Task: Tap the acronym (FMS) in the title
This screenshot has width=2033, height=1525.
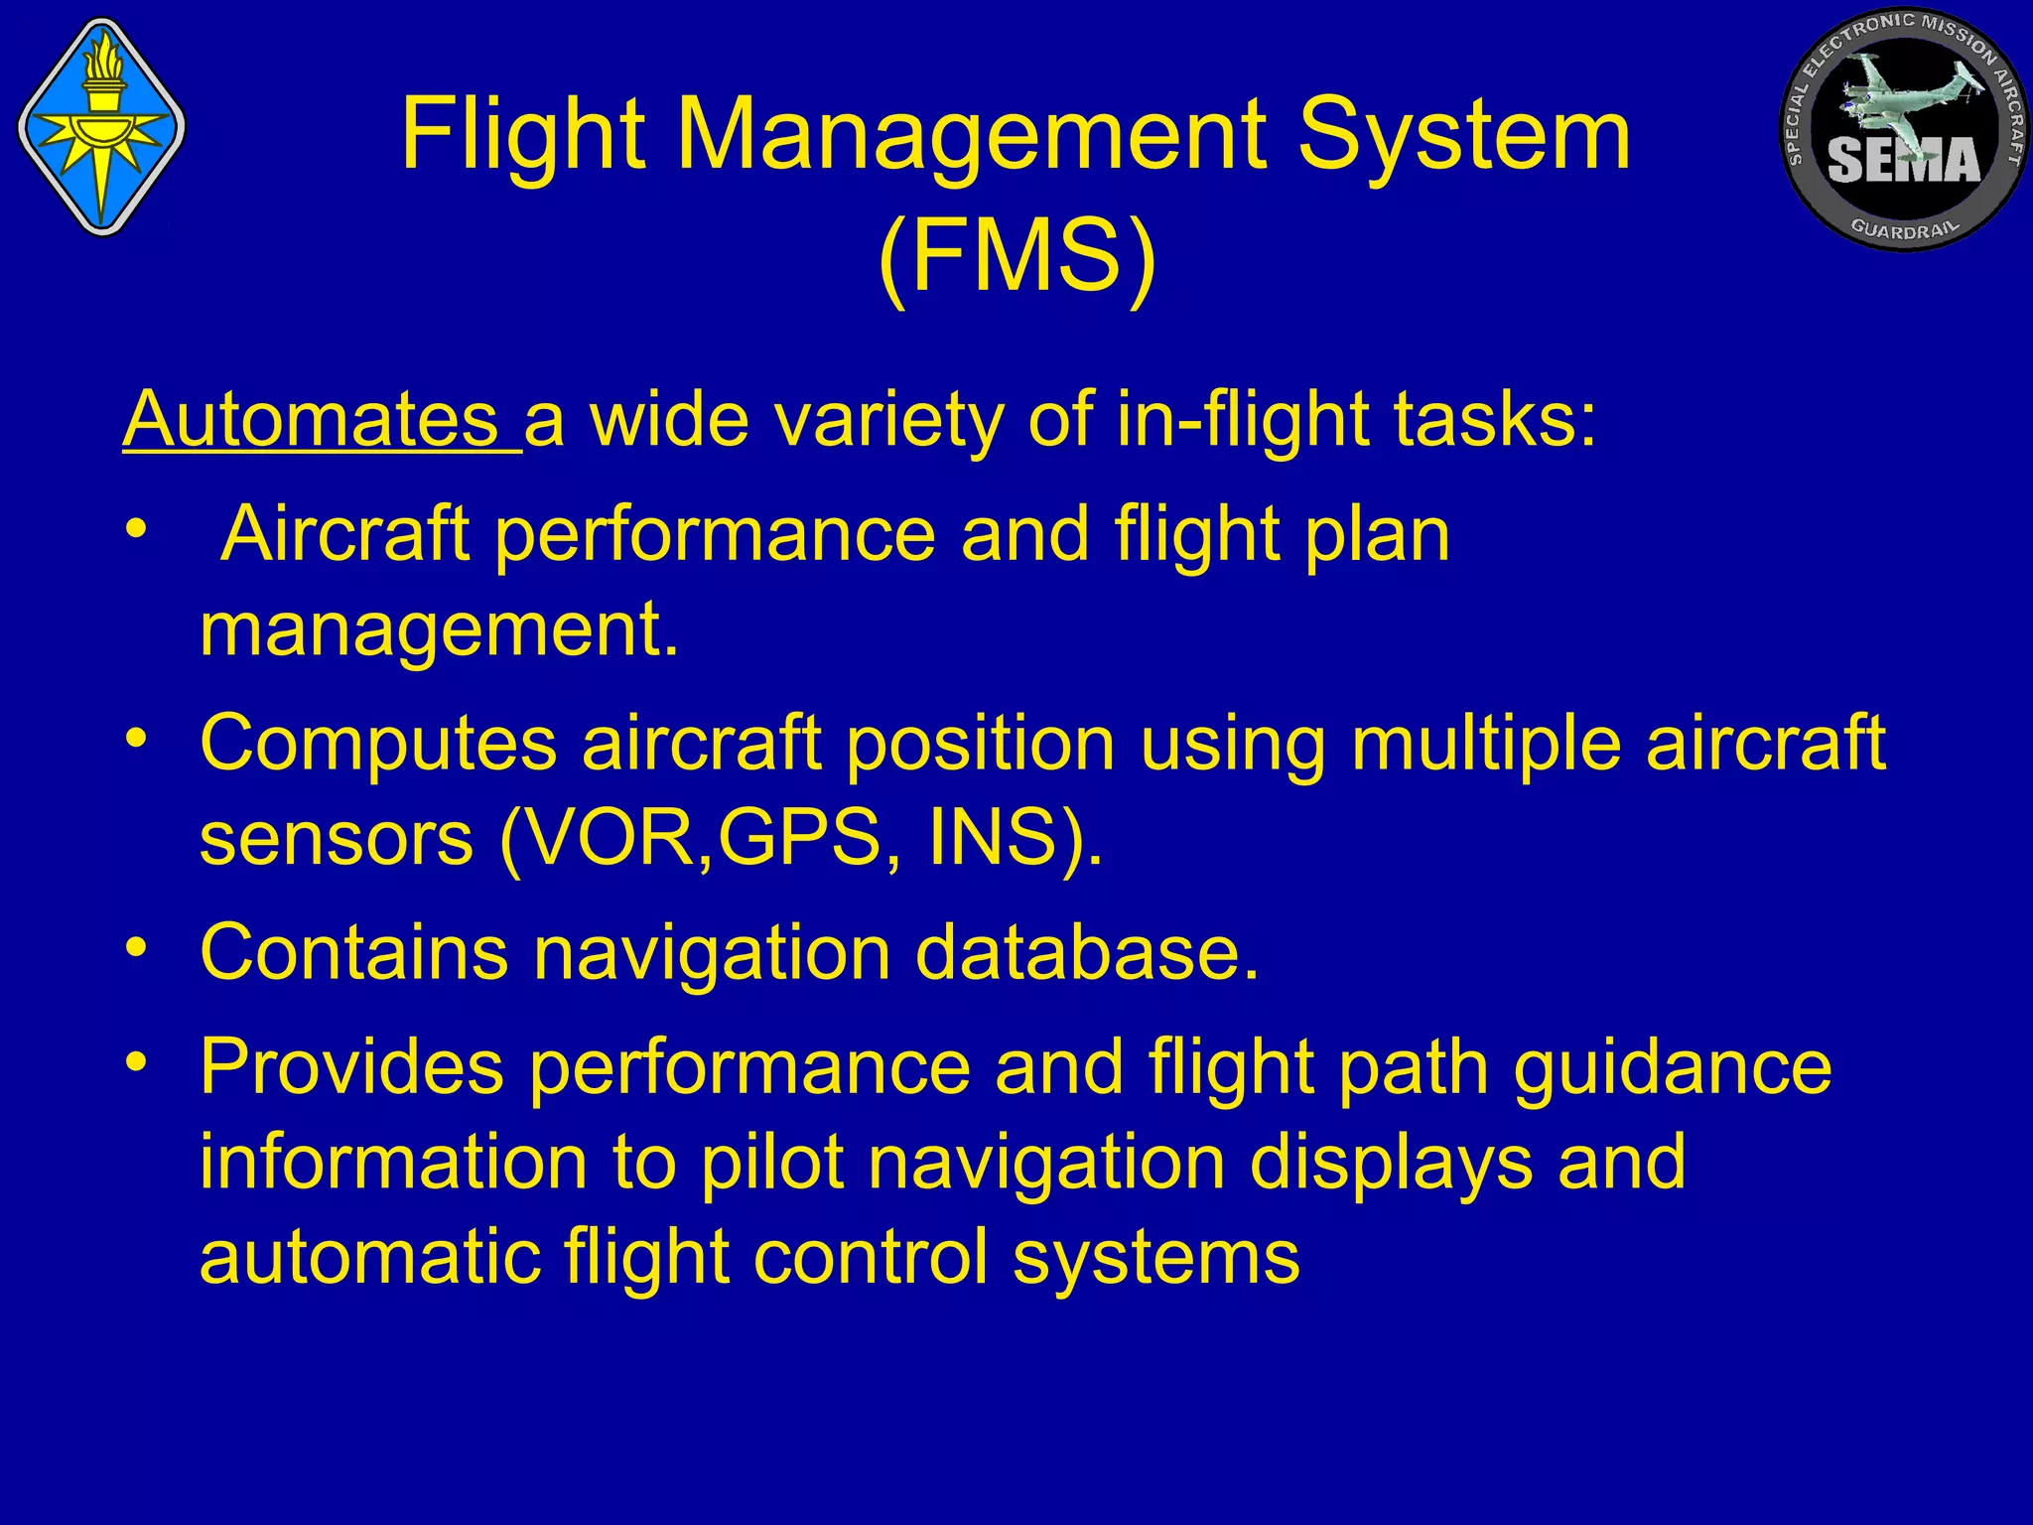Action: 1017,256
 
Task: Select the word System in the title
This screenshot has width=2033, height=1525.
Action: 1464,134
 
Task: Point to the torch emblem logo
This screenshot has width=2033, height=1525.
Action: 101,126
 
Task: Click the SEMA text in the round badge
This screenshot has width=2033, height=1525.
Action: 1903,160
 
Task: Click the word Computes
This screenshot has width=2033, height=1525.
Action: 378,743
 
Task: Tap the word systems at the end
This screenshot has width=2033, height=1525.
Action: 1155,1256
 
